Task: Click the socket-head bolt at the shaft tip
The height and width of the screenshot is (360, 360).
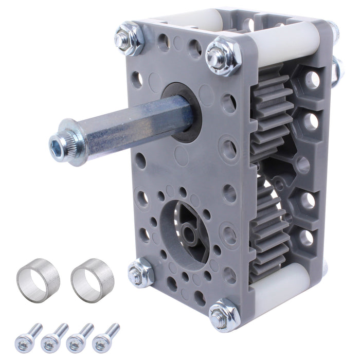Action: tap(58, 142)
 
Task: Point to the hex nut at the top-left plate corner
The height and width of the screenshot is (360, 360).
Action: tap(129, 39)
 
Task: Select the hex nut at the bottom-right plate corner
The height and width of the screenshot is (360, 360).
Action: tap(224, 314)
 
